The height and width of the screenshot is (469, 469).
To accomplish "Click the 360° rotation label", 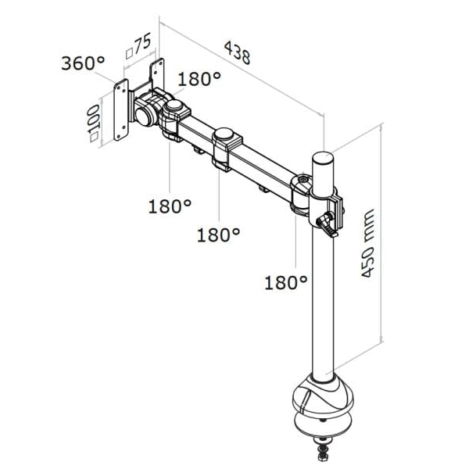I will [x=83, y=62].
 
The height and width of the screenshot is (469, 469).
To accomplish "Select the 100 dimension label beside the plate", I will [x=95, y=117].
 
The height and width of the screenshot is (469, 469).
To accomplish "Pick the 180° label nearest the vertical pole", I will [x=285, y=282].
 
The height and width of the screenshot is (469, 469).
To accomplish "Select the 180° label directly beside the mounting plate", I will [x=199, y=79].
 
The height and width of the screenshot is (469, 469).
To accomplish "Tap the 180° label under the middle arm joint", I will [x=218, y=234].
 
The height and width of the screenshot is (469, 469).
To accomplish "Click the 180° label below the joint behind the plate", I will [x=170, y=206].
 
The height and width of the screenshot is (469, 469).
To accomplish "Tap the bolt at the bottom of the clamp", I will [x=322, y=451].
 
